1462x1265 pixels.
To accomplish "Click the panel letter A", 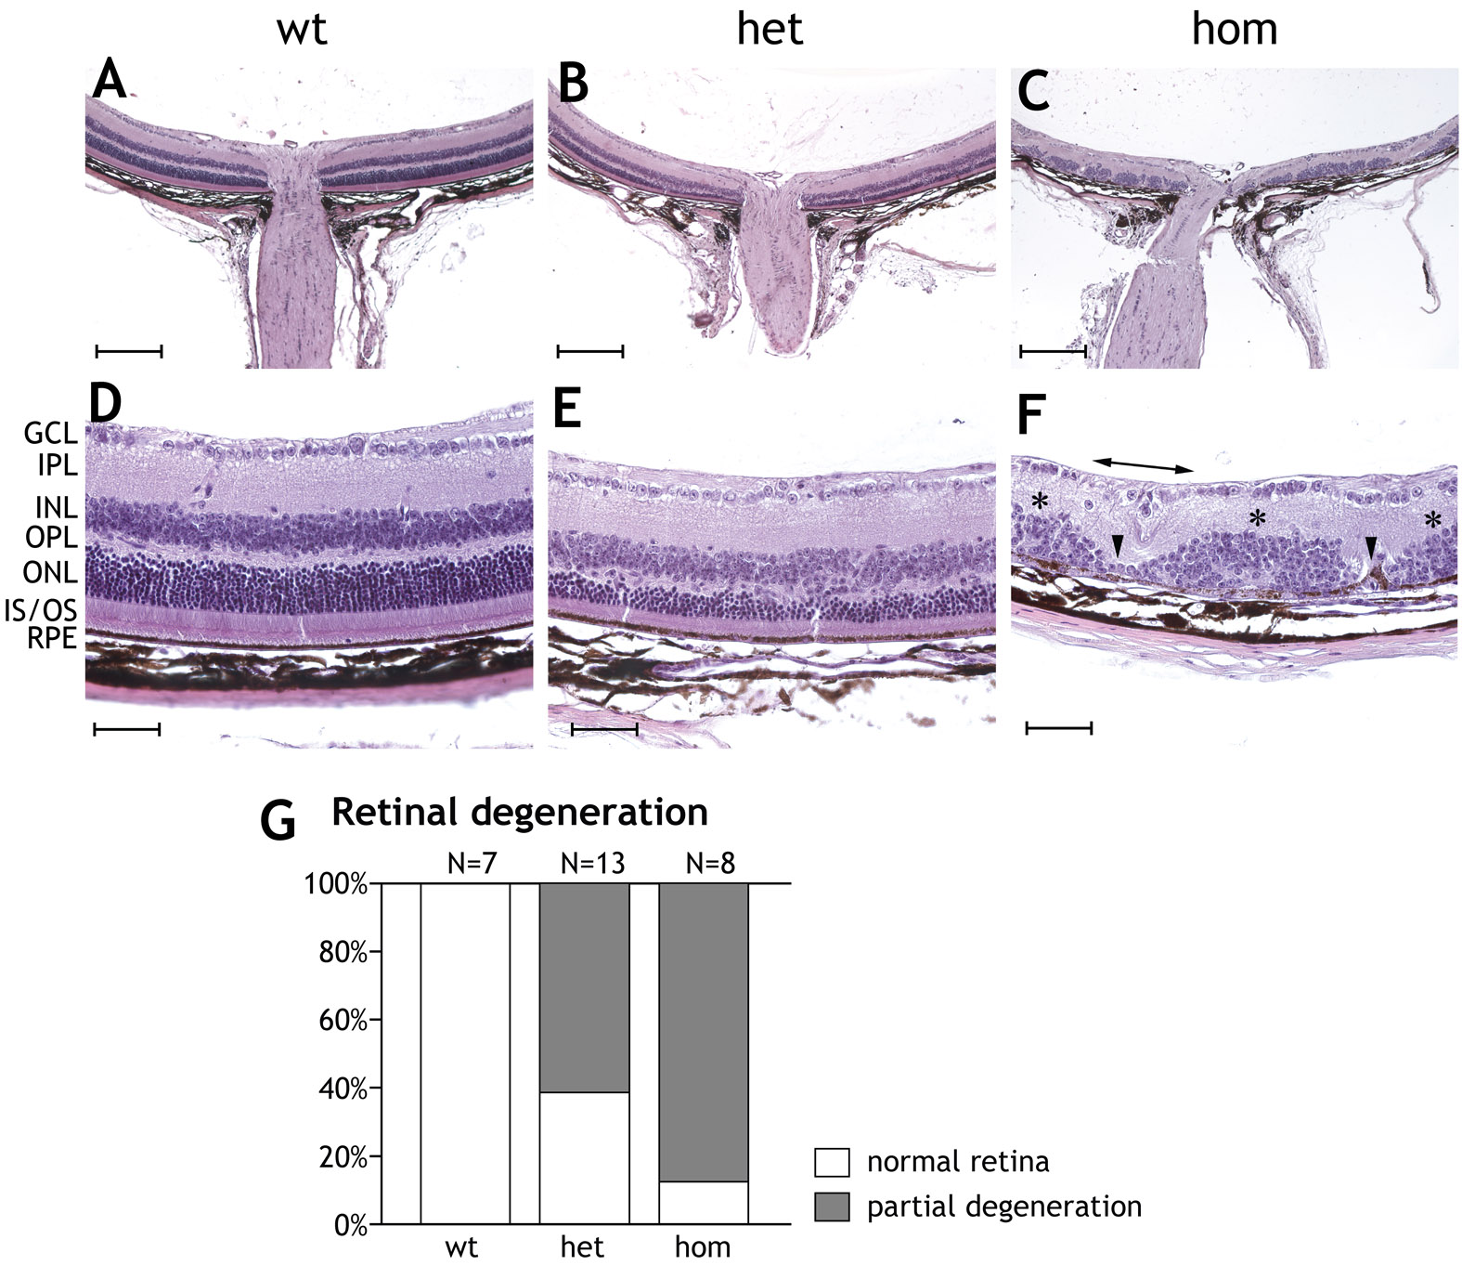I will point(110,82).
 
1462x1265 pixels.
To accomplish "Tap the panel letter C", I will point(1033,92).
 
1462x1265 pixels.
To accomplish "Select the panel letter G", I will point(278,821).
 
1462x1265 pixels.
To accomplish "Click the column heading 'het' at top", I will point(769,29).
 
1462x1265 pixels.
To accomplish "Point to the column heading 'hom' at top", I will point(1234,29).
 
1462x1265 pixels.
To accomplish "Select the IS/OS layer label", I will point(40,610).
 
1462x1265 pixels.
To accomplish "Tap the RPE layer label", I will point(51,639).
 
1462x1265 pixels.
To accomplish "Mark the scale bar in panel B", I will point(589,351).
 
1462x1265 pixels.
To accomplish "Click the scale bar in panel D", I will point(127,730).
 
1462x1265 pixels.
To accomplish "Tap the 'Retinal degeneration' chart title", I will point(519,812).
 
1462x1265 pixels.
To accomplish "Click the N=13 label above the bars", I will point(592,864).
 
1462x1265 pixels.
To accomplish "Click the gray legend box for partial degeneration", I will point(832,1206).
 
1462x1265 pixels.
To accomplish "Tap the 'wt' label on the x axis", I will point(461,1246).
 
